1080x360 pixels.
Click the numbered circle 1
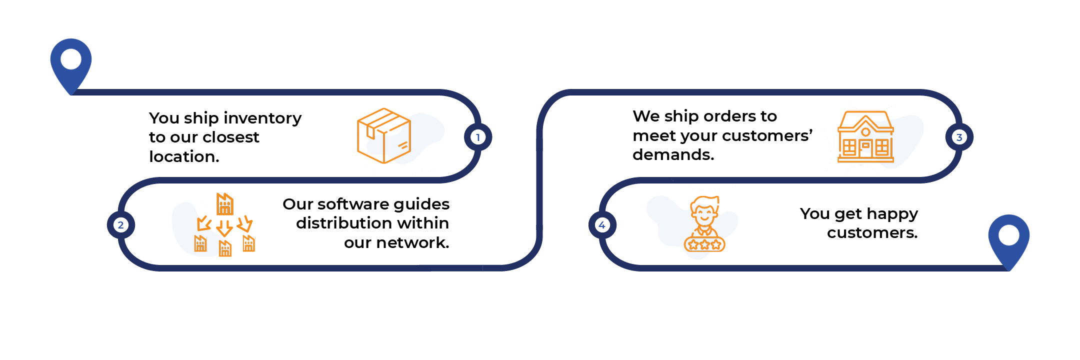pyautogui.click(x=478, y=137)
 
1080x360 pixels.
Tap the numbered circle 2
pyautogui.click(x=120, y=225)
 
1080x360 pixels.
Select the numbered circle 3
pyautogui.click(x=959, y=137)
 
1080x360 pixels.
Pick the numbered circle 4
pyautogui.click(x=602, y=225)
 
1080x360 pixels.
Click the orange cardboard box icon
pyautogui.click(x=384, y=135)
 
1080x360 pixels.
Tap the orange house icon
pyautogui.click(x=865, y=136)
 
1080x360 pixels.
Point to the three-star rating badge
pyautogui.click(x=704, y=244)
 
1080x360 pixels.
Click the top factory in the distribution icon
pyautogui.click(x=225, y=204)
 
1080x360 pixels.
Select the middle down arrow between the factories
pyautogui.click(x=224, y=228)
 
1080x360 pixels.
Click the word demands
pyautogui.click(x=673, y=154)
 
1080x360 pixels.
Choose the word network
pyautogui.click(x=412, y=242)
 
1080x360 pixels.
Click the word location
pyautogui.click(x=184, y=156)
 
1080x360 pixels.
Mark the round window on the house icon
pyautogui.click(x=865, y=132)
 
